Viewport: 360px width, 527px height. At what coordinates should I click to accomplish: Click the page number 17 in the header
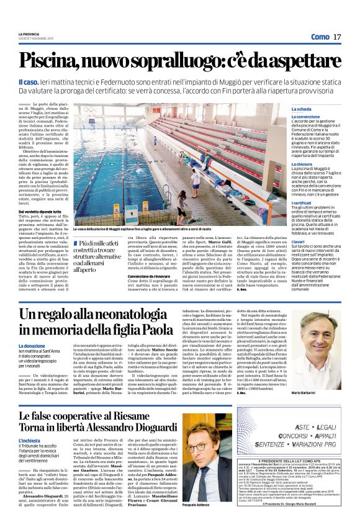tap(336, 38)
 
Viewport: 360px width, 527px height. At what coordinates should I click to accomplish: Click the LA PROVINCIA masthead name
tap(29, 34)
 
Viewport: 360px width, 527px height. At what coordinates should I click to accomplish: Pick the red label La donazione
tap(31, 346)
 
